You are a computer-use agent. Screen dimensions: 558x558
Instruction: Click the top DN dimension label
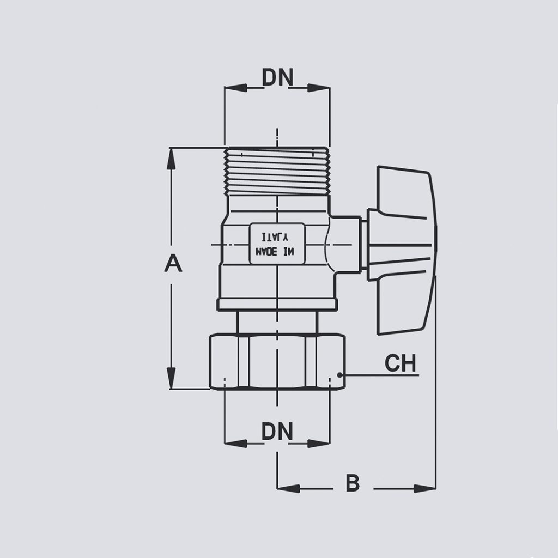coord(277,78)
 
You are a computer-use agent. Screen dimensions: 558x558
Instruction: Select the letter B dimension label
coord(353,483)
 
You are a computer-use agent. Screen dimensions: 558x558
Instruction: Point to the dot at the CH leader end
coord(339,375)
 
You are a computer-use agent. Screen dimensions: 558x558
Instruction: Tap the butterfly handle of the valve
coord(403,250)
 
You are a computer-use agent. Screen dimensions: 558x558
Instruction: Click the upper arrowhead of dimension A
coord(171,158)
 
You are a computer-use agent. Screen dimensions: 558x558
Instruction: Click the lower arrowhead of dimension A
coord(171,378)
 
